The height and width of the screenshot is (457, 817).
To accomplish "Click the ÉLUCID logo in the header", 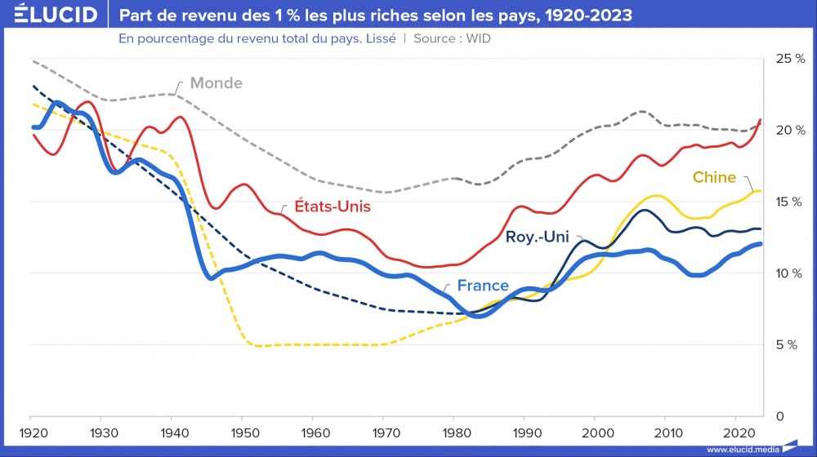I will coord(50,16).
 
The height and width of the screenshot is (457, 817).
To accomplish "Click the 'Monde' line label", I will coord(216,83).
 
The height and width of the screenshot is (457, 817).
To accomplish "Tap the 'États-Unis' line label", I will coord(333,206).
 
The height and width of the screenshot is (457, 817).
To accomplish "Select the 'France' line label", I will coord(483,286).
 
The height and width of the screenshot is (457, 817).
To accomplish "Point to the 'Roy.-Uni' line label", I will coord(537,237).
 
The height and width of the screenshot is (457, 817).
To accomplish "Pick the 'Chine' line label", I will coord(714,177).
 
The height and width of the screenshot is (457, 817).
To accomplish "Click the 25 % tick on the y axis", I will coord(790,59).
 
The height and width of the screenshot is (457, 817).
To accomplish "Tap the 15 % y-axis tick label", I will coord(790,202).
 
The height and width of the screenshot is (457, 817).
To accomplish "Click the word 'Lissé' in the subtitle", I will coord(378,38).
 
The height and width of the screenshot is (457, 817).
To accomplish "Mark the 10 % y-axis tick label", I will coord(790,273).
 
